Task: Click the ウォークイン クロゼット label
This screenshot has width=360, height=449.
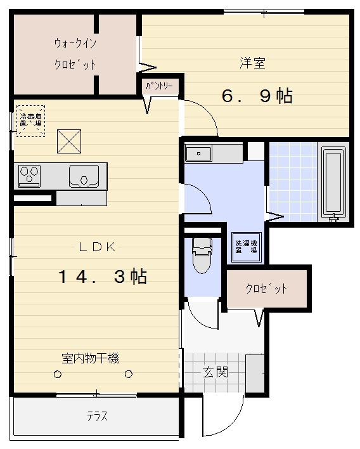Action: tap(75, 54)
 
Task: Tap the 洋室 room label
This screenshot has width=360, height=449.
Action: tap(252, 63)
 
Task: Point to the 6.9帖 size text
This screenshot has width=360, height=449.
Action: tap(256, 96)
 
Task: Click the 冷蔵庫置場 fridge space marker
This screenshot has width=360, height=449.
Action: tap(30, 119)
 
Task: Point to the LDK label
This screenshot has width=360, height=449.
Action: tap(97, 247)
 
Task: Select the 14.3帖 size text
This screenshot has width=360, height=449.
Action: tap(103, 277)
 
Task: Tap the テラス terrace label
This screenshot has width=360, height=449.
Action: tap(96, 417)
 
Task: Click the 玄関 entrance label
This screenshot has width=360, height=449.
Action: tap(215, 372)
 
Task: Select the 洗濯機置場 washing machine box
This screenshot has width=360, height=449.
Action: tap(246, 247)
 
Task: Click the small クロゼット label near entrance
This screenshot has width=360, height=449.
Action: tap(266, 289)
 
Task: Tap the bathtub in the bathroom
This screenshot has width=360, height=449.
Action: tap(334, 183)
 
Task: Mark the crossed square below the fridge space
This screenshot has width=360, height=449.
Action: tap(69, 141)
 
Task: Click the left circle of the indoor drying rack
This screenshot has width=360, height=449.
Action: tap(58, 375)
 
